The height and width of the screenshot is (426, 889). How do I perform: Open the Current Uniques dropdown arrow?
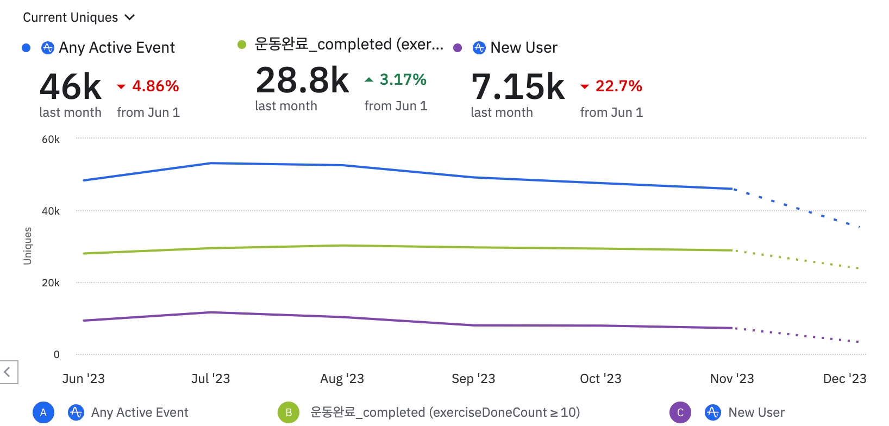click(130, 17)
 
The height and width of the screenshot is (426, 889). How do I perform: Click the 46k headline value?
click(71, 87)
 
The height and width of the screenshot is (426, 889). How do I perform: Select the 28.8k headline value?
click(302, 80)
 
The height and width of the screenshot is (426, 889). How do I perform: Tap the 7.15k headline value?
click(518, 87)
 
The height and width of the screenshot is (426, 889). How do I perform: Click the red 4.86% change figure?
click(155, 86)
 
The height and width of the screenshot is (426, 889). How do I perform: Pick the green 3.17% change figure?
click(403, 79)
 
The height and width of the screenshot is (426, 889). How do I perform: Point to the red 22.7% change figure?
click(618, 86)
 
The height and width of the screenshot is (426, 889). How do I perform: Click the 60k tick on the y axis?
click(51, 139)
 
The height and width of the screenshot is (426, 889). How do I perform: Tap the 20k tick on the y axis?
click(51, 283)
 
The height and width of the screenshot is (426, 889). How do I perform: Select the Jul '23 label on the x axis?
click(211, 379)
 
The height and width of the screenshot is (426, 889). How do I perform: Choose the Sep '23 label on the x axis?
click(473, 379)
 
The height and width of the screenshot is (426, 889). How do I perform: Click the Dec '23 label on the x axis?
click(844, 379)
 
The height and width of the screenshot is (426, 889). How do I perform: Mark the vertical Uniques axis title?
click(28, 246)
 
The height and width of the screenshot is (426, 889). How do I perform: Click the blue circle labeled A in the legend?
click(43, 412)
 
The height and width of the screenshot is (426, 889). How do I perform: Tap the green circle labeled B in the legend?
click(289, 412)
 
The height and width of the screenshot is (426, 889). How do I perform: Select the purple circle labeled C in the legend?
click(680, 412)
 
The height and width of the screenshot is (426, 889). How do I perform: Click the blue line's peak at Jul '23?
click(211, 163)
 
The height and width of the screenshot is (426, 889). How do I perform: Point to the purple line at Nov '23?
click(732, 328)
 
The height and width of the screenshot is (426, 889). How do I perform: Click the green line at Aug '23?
click(342, 246)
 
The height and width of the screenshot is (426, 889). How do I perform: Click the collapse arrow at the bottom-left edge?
click(8, 372)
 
